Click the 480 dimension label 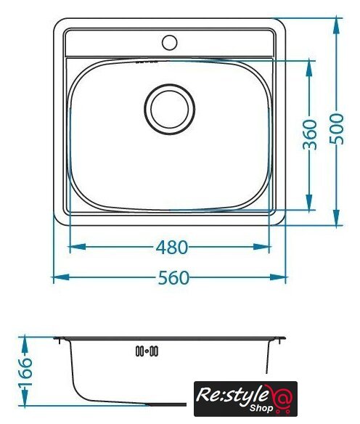(x=172, y=247)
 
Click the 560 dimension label (x=173, y=277)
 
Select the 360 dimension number (x=310, y=134)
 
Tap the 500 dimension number (x=337, y=129)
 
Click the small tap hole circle (x=169, y=42)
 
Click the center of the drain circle (x=169, y=109)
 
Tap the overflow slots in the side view (x=147, y=351)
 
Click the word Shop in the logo (x=261, y=407)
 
